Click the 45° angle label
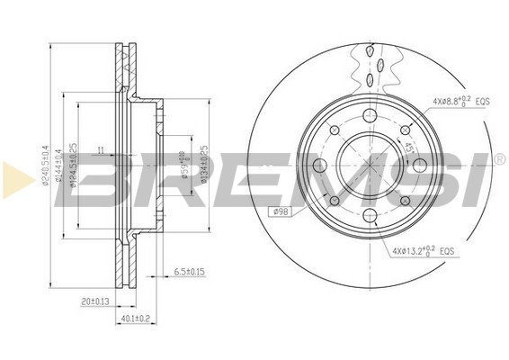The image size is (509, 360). (407, 147)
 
